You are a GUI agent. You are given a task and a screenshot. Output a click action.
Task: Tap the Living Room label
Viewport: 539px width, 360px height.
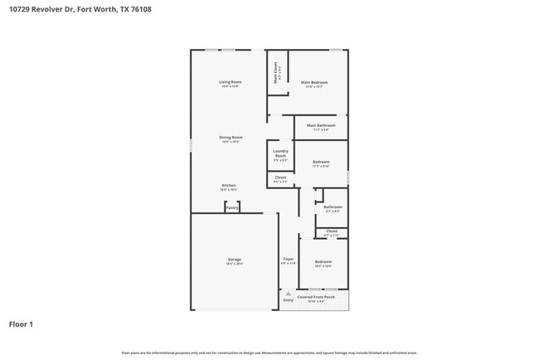230,82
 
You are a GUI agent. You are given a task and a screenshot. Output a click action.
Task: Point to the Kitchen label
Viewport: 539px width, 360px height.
228,185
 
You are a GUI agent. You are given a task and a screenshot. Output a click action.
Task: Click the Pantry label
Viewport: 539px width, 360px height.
232,207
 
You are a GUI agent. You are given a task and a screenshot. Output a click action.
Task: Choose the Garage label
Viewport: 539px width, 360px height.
235,260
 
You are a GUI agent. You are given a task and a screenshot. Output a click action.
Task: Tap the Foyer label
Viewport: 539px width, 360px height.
289,260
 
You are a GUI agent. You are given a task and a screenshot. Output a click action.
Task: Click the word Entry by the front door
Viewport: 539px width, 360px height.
288,299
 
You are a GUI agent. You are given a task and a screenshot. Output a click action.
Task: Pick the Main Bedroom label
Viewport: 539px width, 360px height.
314,82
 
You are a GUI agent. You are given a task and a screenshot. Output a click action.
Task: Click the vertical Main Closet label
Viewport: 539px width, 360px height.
276,73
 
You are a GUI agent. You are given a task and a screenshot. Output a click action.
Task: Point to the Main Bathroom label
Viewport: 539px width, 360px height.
320,125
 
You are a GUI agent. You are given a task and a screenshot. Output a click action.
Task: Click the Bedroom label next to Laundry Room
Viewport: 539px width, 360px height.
321,162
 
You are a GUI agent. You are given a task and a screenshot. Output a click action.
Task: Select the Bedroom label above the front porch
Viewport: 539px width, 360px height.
323,261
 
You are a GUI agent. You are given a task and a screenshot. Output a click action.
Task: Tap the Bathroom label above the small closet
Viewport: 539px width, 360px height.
333,207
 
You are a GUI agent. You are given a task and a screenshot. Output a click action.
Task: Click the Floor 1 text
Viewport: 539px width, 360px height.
21,324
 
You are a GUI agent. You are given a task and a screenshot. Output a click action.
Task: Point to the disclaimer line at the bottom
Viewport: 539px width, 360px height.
269,353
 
